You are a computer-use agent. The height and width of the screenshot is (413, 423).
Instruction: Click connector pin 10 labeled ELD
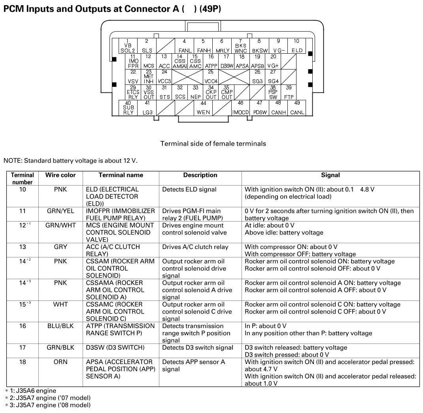(296, 46)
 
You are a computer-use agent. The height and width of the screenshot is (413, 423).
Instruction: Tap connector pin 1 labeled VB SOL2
(128, 46)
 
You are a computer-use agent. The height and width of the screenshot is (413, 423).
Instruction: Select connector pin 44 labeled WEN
(203, 108)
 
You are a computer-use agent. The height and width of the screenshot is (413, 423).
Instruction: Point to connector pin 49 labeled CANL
(297, 108)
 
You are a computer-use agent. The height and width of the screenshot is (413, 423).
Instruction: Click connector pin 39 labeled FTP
(289, 92)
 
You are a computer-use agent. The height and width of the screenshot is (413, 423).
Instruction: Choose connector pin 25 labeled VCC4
(211, 77)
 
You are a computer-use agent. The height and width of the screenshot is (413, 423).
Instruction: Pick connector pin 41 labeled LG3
(147, 108)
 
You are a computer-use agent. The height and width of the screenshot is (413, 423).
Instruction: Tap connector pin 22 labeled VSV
(133, 77)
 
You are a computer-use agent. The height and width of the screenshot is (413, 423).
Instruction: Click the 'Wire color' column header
(60, 175)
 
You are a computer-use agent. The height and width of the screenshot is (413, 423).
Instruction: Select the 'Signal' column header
(330, 175)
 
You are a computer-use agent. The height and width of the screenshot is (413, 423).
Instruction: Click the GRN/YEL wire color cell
(60, 211)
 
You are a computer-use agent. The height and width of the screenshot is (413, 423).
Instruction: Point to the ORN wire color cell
(60, 362)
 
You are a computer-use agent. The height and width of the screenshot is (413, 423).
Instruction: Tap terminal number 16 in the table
(23, 326)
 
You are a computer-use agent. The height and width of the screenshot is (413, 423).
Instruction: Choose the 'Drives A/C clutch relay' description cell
(195, 247)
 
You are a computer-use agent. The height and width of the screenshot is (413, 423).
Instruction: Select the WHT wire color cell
(60, 304)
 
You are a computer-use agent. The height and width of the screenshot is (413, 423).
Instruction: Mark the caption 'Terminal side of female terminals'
(213, 144)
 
